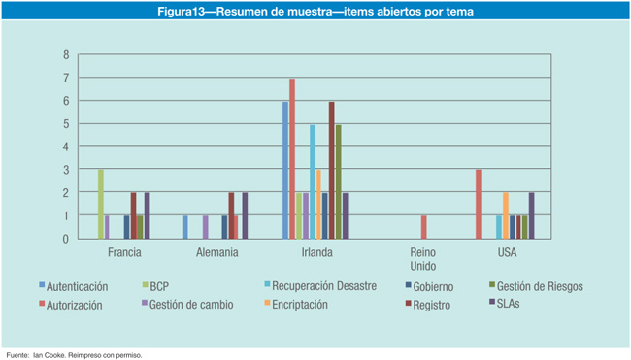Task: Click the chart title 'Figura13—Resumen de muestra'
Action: [315, 13]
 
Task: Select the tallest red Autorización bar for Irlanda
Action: [292, 158]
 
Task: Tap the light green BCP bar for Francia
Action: [100, 204]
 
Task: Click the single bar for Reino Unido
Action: [424, 227]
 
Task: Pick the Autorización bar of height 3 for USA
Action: [478, 204]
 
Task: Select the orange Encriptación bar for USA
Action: [505, 215]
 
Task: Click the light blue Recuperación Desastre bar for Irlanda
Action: [312, 181]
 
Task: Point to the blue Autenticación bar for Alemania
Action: [185, 227]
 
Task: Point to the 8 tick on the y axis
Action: [66, 54]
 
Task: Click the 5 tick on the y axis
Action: [66, 124]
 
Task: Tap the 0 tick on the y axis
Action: [66, 239]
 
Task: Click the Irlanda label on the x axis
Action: [316, 253]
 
